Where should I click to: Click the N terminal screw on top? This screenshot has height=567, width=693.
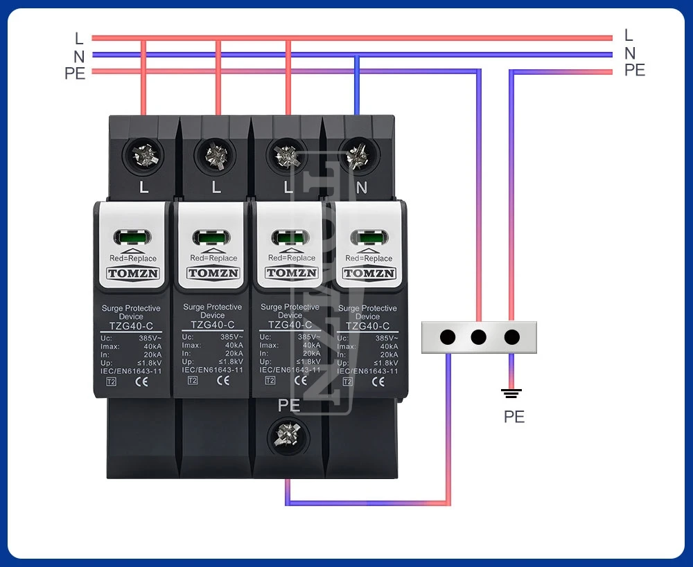click(357, 154)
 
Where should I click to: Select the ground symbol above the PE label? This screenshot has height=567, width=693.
click(511, 394)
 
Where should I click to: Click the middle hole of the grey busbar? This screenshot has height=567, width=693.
click(478, 337)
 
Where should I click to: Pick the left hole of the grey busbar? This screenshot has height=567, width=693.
click(448, 337)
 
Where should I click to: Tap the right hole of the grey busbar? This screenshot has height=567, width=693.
click(511, 337)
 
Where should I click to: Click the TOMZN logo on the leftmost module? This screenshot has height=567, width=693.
click(133, 273)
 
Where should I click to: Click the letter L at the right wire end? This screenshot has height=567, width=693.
click(629, 35)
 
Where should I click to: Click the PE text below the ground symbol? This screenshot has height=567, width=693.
click(514, 417)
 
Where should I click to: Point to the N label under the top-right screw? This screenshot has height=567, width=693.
click(361, 187)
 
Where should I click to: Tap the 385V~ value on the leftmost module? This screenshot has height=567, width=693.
click(150, 338)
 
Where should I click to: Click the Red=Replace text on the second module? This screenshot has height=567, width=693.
click(213, 258)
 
